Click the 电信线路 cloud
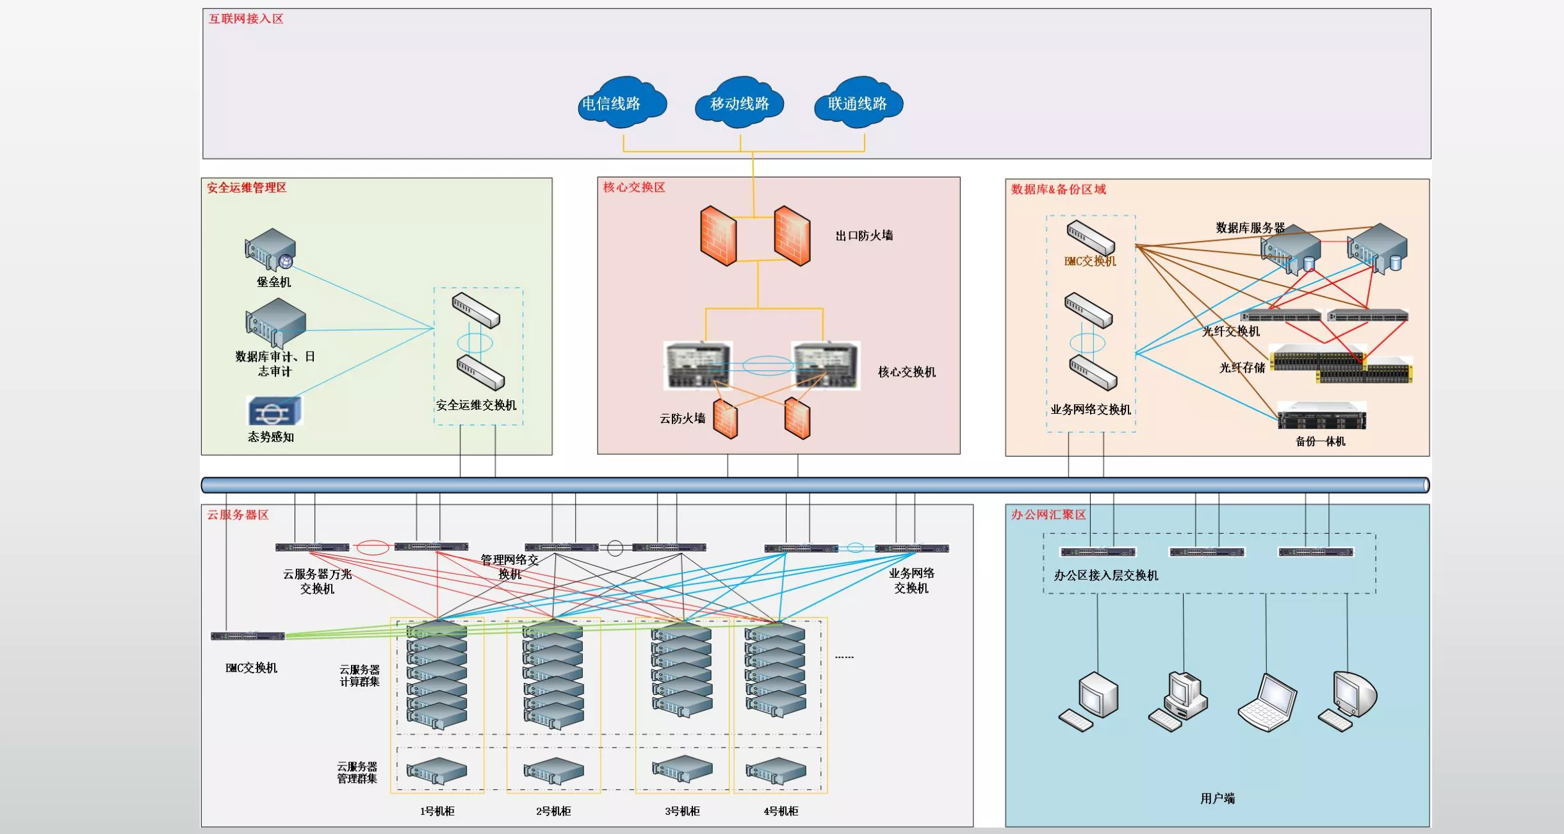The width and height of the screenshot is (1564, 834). coord(621,102)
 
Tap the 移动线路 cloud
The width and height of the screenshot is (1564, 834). coord(740,102)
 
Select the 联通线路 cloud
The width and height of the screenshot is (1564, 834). coord(858,102)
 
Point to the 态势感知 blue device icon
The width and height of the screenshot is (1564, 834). coord(275,411)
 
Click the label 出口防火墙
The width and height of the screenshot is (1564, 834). coord(864,235)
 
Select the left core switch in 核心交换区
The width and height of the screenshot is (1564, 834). coord(697,365)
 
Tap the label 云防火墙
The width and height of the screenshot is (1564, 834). coord(682,418)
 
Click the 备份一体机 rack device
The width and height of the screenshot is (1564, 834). coord(1321,416)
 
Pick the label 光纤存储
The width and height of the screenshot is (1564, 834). coord(1242,367)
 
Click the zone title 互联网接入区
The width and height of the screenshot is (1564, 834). coord(246,19)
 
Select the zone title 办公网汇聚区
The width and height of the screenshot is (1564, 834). coord(1048,514)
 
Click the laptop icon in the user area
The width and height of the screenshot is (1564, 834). coord(1267,702)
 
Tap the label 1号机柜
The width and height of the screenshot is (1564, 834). coord(437,811)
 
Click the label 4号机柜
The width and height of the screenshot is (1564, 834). coord(781,811)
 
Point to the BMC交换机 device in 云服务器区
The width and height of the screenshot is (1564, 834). coord(248,636)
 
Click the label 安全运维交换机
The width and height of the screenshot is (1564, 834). coord(476,405)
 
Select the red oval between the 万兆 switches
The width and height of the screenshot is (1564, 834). coord(372,548)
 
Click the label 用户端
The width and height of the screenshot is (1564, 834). coord(1217,798)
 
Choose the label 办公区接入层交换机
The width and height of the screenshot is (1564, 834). coord(1106,575)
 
